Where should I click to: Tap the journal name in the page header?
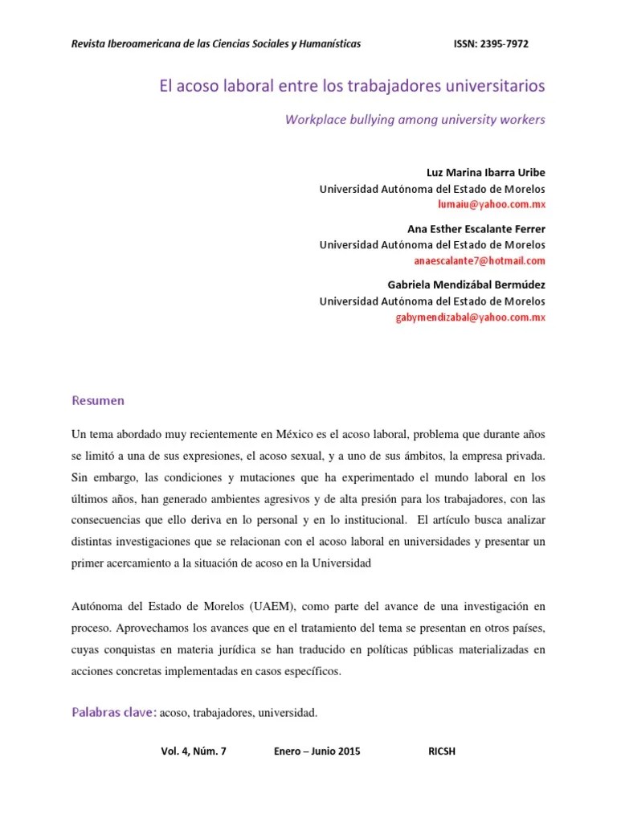coord(216,43)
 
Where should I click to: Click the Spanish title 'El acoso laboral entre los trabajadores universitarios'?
coord(350,84)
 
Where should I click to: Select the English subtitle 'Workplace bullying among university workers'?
coord(415,120)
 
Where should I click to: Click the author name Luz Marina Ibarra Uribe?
coord(484,173)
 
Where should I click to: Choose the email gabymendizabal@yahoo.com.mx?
coord(471,317)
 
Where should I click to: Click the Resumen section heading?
coord(98,399)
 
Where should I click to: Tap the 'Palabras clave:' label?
coord(114,711)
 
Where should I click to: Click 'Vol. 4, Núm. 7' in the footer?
coord(194,751)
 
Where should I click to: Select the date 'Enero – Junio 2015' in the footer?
coord(317,751)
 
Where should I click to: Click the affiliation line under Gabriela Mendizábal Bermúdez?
coord(432,301)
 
